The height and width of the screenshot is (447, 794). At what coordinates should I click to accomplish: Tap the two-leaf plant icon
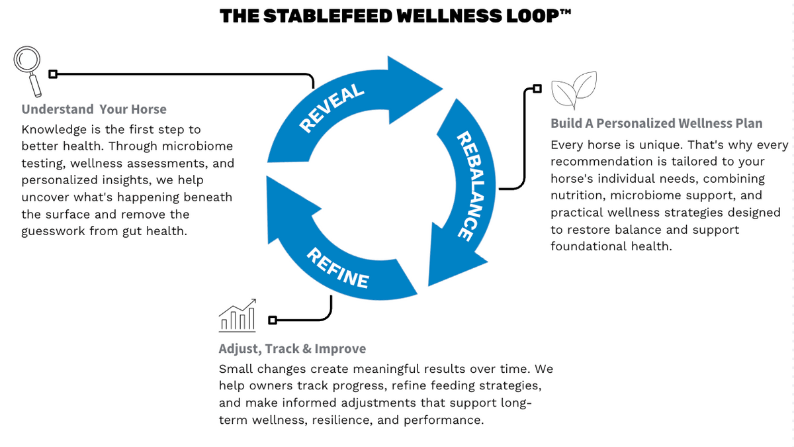click(x=574, y=90)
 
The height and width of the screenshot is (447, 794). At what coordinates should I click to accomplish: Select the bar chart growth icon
click(x=237, y=315)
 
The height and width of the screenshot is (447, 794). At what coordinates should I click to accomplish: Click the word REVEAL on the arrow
click(x=331, y=108)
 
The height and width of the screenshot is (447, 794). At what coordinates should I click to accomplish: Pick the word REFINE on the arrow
click(x=337, y=268)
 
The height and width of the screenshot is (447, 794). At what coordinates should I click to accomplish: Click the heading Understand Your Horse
click(x=94, y=109)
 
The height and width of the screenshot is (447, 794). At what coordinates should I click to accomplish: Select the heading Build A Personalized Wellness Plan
click(x=656, y=123)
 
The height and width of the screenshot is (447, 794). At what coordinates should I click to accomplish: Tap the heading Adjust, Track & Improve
click(x=292, y=349)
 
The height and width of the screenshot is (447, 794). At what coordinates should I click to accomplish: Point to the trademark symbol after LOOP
click(x=566, y=12)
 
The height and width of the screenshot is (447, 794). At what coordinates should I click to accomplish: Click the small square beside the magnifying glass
click(x=53, y=74)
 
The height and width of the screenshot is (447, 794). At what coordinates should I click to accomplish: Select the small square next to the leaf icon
click(x=537, y=88)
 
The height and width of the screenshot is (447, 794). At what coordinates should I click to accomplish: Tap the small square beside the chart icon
click(x=272, y=320)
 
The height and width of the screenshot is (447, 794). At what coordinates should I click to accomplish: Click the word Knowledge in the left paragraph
click(x=54, y=130)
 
